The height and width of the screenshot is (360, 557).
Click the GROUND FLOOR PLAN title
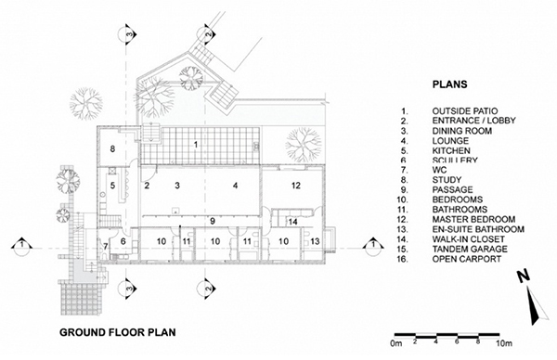tap(118, 332)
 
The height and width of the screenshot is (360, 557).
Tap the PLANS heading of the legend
tap(449, 84)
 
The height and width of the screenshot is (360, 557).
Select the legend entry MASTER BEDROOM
tap(473, 219)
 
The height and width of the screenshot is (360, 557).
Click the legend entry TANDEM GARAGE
tap(470, 250)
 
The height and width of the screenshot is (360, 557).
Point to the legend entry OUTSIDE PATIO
tap(465, 111)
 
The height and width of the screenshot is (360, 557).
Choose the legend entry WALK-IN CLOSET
tap(468, 239)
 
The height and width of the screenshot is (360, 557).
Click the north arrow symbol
tap(532, 298)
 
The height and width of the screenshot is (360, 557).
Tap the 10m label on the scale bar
tap(504, 343)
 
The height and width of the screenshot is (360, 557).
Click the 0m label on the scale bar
tap(396, 343)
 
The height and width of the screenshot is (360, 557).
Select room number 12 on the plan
tap(296, 186)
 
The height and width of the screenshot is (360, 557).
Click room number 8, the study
tap(112, 148)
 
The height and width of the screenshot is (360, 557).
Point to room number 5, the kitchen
tap(112, 186)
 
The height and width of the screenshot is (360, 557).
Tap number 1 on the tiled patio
tap(195, 145)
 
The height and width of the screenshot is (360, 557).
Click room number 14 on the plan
tap(293, 222)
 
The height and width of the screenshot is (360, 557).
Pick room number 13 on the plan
tap(315, 241)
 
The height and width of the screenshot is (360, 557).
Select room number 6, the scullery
tap(123, 241)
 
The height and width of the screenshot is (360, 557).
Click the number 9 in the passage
tap(213, 221)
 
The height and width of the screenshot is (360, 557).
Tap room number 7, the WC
tap(106, 246)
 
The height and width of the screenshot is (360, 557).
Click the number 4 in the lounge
tap(235, 186)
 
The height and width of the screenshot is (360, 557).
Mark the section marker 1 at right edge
tap(373, 246)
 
